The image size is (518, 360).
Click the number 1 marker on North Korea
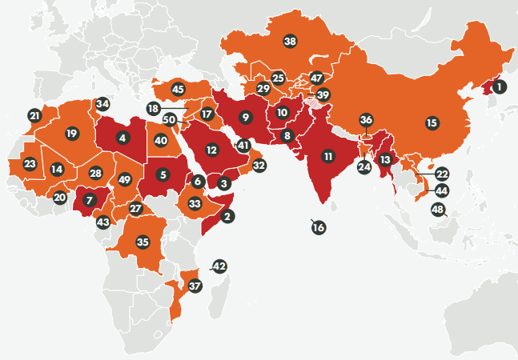pyautogui.click(x=499, y=86)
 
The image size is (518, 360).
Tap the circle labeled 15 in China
pyautogui.click(x=432, y=123)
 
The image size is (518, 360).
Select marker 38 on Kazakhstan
pyautogui.click(x=290, y=41)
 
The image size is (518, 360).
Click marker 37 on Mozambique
pyautogui.click(x=195, y=284)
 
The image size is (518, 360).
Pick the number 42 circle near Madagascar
pyautogui.click(x=219, y=266)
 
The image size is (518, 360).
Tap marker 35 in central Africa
pyautogui.click(x=143, y=241)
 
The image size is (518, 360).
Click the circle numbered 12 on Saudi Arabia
pyautogui.click(x=211, y=149)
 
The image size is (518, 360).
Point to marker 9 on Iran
pyautogui.click(x=246, y=118)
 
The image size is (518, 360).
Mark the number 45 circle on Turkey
pyautogui.click(x=178, y=90)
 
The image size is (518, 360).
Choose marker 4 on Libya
pyautogui.click(x=122, y=138)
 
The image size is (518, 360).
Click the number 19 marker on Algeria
pyautogui.click(x=72, y=133)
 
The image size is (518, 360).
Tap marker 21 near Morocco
pyautogui.click(x=34, y=116)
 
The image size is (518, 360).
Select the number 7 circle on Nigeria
pyautogui.click(x=89, y=198)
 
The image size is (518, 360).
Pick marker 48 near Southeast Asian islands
pyautogui.click(x=437, y=210)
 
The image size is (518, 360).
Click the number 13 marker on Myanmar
pyautogui.click(x=385, y=159)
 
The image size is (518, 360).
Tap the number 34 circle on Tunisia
pyautogui.click(x=102, y=104)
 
